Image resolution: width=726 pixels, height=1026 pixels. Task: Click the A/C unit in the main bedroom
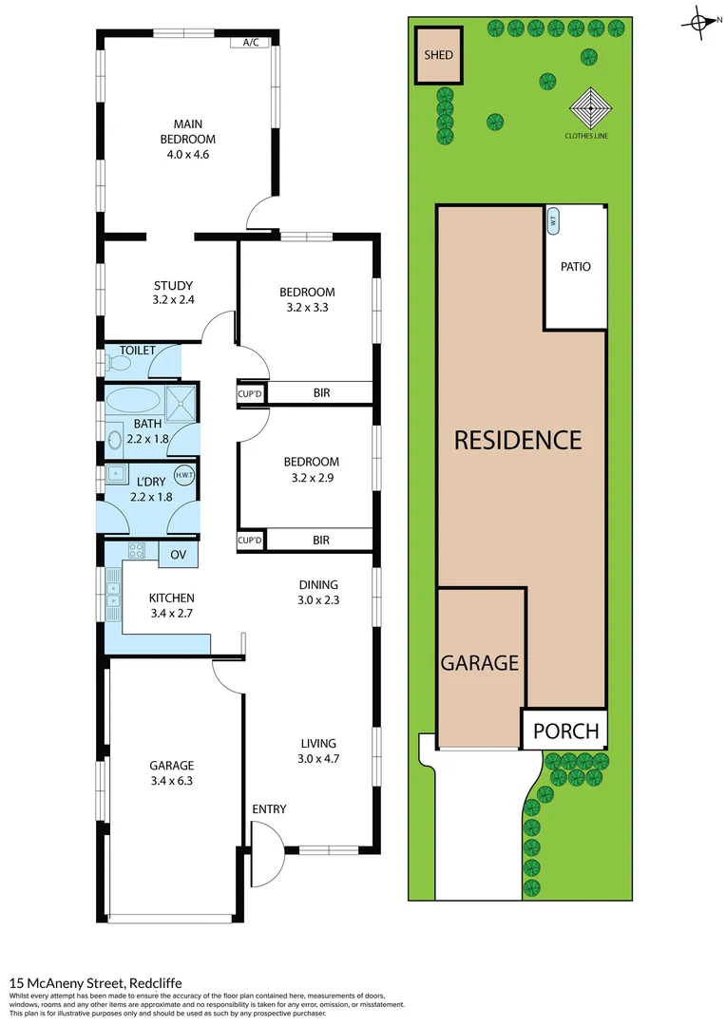pos(251,42)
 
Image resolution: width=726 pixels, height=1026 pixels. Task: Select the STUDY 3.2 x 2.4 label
pos(173,293)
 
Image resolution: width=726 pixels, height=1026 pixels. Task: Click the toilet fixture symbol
pos(113,362)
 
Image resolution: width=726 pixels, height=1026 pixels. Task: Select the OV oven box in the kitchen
pos(178,554)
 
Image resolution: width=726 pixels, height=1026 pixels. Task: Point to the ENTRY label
pos(269,808)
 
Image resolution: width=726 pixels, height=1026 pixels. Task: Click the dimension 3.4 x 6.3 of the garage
pos(171,781)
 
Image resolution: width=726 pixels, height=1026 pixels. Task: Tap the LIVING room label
pos(318,743)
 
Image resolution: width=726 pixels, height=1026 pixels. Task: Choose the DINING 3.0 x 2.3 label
pos(318,593)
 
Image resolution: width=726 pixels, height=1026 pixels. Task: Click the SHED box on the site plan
pos(437,55)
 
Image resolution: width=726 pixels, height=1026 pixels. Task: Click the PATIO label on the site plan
pos(575,267)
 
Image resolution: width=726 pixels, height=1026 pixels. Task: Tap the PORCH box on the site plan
pos(565,731)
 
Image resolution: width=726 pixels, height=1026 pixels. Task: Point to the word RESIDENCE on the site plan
pos(517,440)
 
